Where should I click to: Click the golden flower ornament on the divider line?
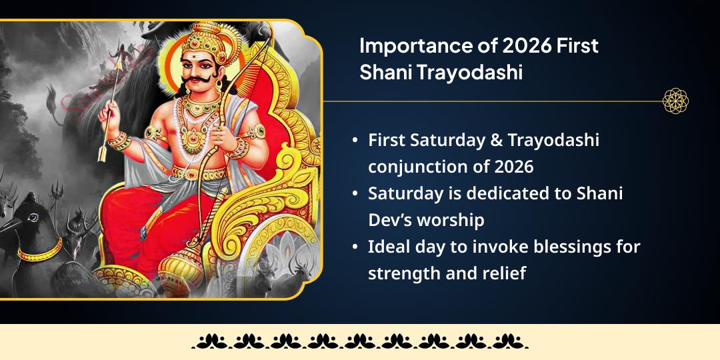click(x=675, y=101)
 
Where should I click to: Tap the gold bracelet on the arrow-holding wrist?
click(x=117, y=141)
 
